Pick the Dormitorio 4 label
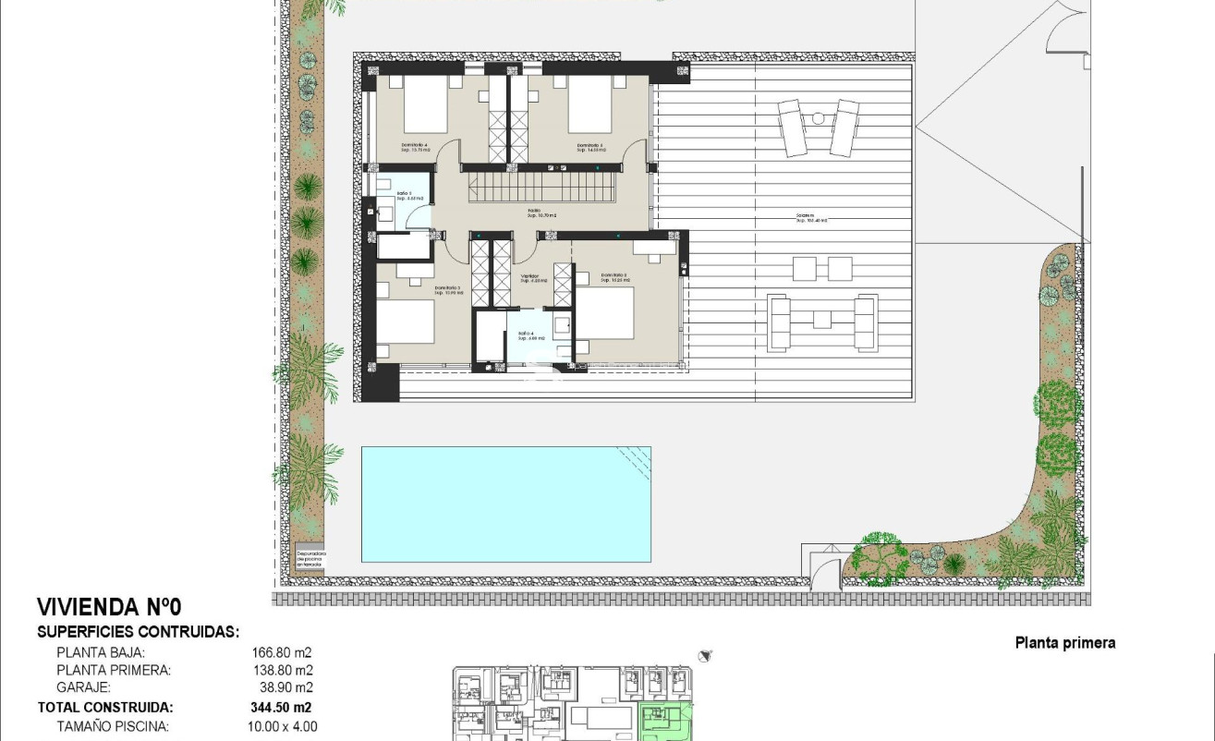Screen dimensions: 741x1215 417,146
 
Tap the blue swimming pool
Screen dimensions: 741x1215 505,504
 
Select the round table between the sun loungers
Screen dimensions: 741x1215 817,117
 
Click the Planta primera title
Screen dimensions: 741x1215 1064,643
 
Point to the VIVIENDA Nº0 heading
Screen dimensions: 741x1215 109,607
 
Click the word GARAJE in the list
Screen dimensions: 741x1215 84,688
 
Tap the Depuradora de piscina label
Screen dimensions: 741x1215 311,558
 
